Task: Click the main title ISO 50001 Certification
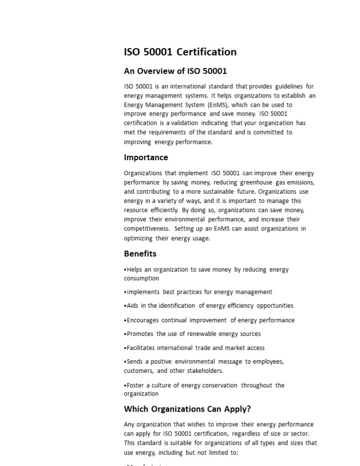[x=180, y=52]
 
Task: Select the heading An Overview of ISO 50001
[x=175, y=71]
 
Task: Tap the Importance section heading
[x=146, y=157]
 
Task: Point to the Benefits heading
[x=140, y=253]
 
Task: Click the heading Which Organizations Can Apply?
[x=187, y=409]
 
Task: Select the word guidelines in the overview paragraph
[x=289, y=86]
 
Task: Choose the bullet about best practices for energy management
[x=199, y=292]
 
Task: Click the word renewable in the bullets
[x=203, y=334]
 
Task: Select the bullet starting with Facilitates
[x=195, y=348]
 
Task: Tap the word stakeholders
[x=205, y=371]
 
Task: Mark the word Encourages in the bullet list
[x=142, y=320]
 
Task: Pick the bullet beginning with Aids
[x=209, y=306]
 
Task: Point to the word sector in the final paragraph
[x=298, y=433]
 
